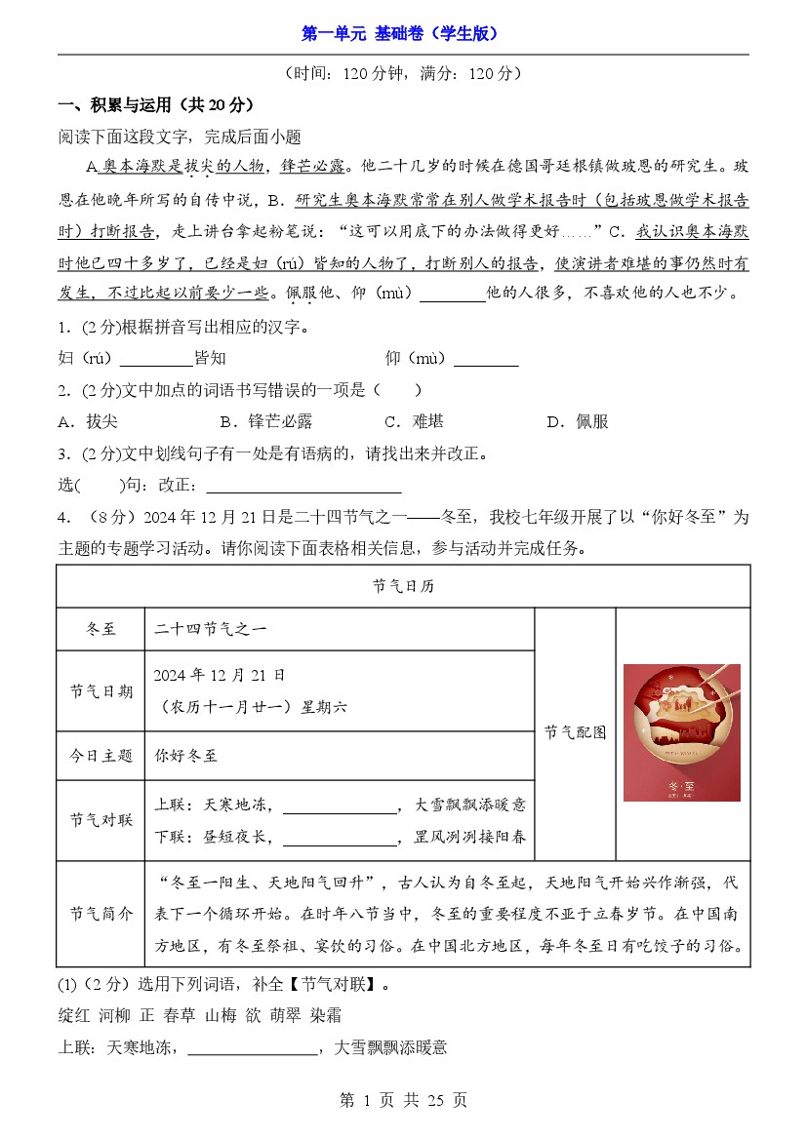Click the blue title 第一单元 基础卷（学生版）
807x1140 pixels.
(x=403, y=33)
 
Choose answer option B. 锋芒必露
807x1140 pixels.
(x=266, y=421)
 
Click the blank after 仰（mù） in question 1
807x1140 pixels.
(x=486, y=360)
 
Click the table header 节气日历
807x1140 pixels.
(x=403, y=586)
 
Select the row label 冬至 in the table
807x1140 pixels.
(x=101, y=630)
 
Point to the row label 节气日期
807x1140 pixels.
(x=101, y=691)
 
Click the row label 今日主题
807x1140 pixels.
(x=101, y=756)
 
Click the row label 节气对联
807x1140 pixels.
(x=101, y=820)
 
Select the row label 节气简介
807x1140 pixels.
(x=101, y=914)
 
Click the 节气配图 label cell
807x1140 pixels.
(x=575, y=732)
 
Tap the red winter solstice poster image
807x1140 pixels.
(x=681, y=732)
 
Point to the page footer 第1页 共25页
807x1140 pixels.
(x=403, y=1100)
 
